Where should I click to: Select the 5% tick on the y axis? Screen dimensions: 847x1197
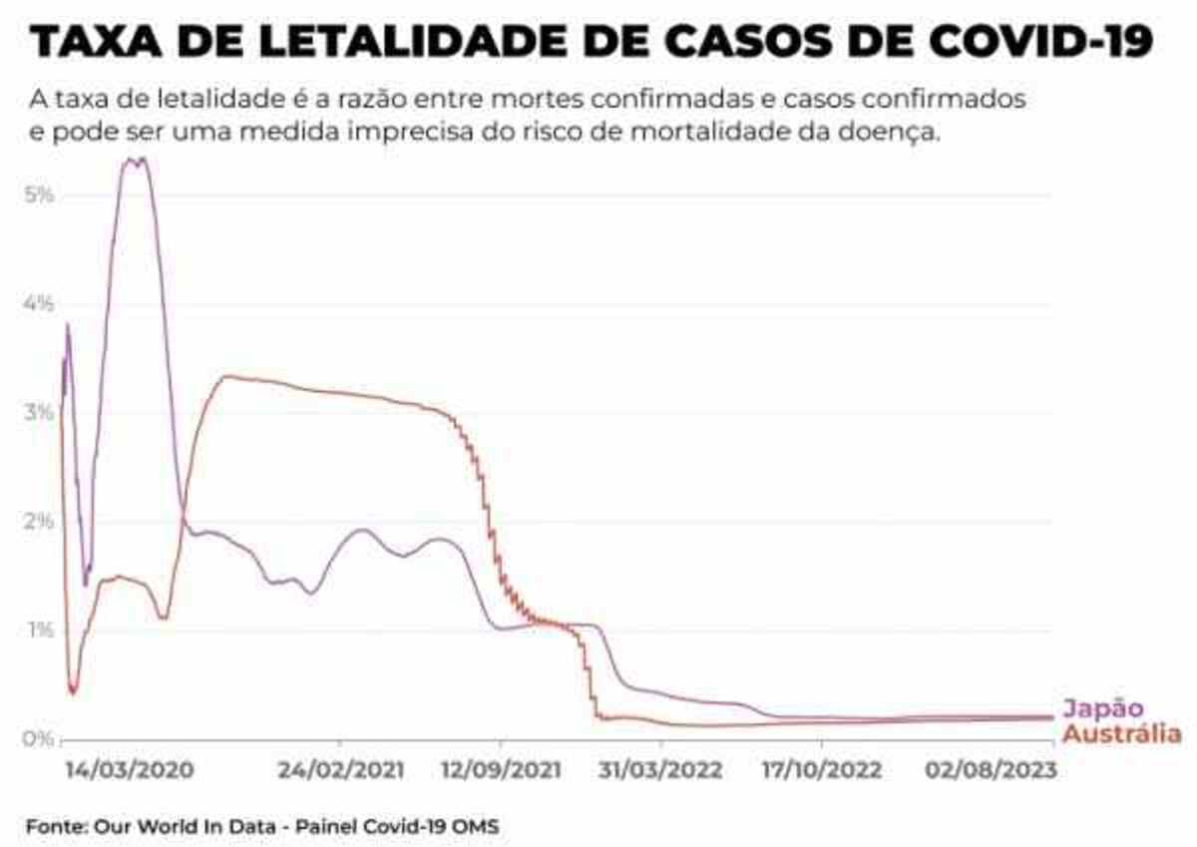pyautogui.click(x=38, y=194)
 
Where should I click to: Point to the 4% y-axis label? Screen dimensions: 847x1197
pyautogui.click(x=38, y=303)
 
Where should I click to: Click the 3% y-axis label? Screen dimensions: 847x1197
pyautogui.click(x=38, y=412)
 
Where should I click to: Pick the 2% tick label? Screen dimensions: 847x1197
pyautogui.click(x=38, y=521)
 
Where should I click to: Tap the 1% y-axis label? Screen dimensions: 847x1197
pyautogui.click(x=38, y=630)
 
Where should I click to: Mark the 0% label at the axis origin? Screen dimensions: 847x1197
pyautogui.click(x=38, y=738)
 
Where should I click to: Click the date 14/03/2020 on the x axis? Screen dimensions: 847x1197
pyautogui.click(x=130, y=771)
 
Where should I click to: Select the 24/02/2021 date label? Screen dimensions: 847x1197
pyautogui.click(x=340, y=771)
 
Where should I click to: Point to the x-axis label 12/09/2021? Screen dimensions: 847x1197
pyautogui.click(x=500, y=771)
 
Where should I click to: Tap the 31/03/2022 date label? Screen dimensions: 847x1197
pyautogui.click(x=660, y=771)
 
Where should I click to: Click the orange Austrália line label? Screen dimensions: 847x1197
pyautogui.click(x=1122, y=734)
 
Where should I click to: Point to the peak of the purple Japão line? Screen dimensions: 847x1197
pyautogui.click(x=136, y=159)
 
